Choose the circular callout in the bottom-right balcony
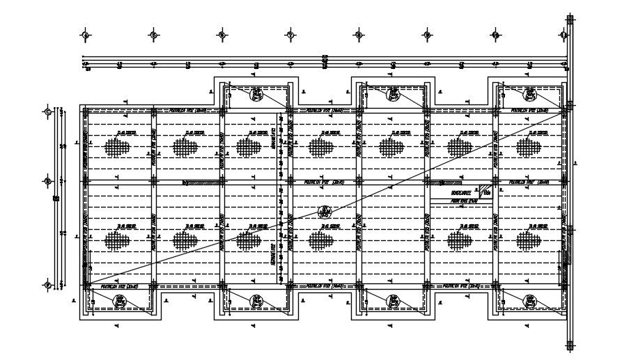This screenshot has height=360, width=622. pos(529,300)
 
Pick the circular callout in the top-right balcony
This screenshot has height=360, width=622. pos(529,93)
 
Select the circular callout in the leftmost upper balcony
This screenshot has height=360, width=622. pos(257,93)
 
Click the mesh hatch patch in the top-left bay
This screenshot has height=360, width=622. pos(117,147)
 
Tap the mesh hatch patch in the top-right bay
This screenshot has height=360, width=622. pos(529,147)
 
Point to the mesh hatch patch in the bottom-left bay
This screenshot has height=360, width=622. pos(117,241)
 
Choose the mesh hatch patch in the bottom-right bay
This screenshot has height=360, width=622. pos(529,241)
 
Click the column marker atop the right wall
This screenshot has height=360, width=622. pos(570,18)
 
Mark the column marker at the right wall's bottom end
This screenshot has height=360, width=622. pos(570,345)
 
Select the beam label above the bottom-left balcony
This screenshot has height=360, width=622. pos(119,285)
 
